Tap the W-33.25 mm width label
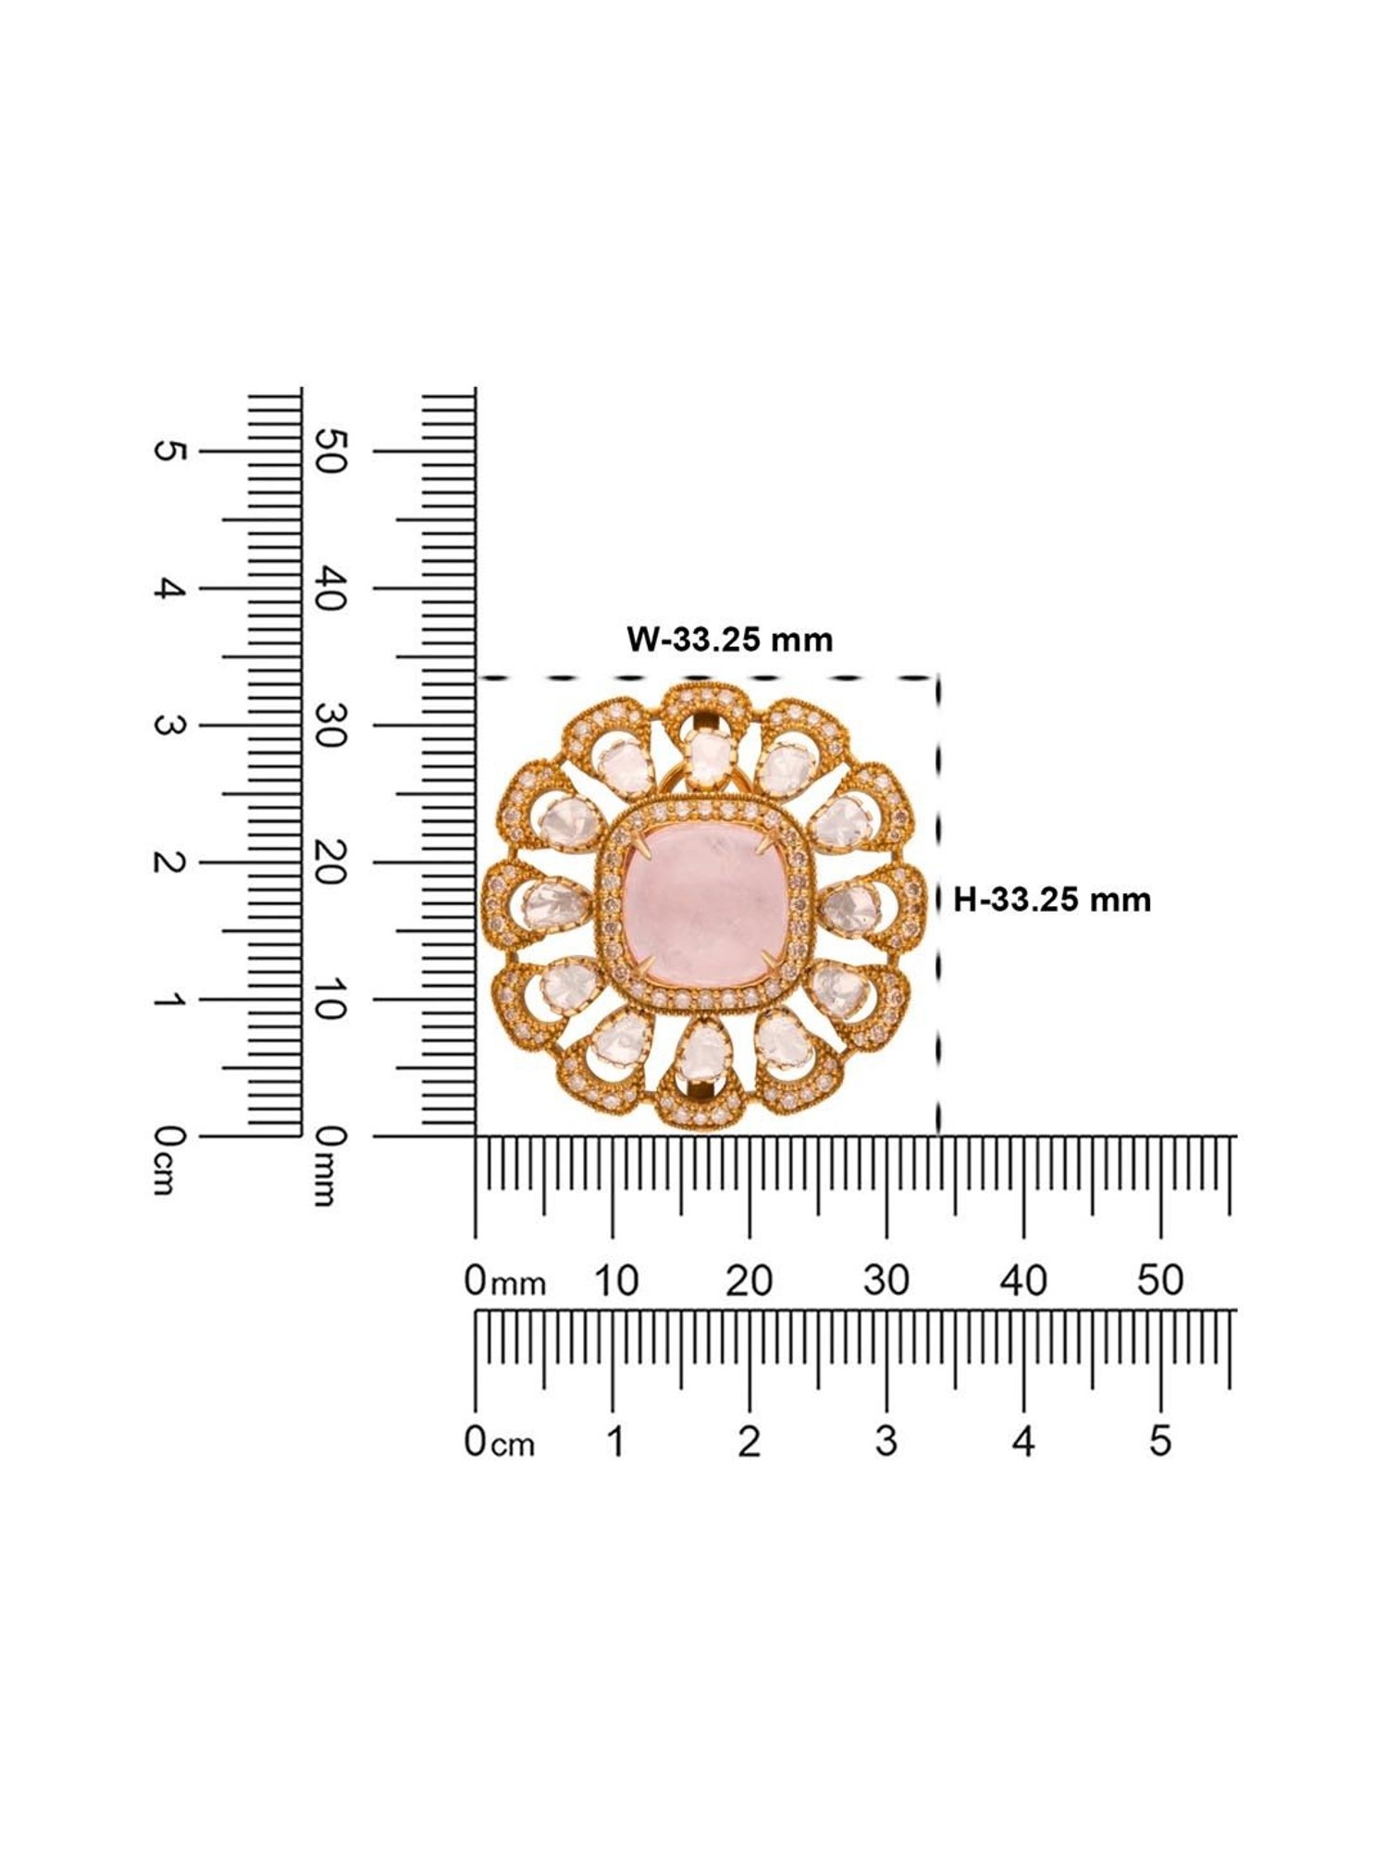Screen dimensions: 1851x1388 pyautogui.click(x=730, y=640)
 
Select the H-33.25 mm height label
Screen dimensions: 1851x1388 pyautogui.click(x=1052, y=899)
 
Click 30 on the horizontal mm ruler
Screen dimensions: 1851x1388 pyautogui.click(x=886, y=1281)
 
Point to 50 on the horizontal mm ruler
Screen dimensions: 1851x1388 pyautogui.click(x=1160, y=1281)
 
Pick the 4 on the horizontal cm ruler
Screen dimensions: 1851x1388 pyautogui.click(x=1022, y=1441)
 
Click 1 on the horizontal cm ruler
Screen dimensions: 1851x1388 pyautogui.click(x=613, y=1441)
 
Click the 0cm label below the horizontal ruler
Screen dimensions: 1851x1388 pyautogui.click(x=499, y=1442)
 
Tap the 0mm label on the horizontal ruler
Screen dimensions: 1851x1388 pyautogui.click(x=503, y=1282)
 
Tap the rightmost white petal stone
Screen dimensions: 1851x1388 pyautogui.click(x=849, y=902)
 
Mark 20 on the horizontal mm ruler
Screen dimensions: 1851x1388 pyautogui.click(x=749, y=1281)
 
